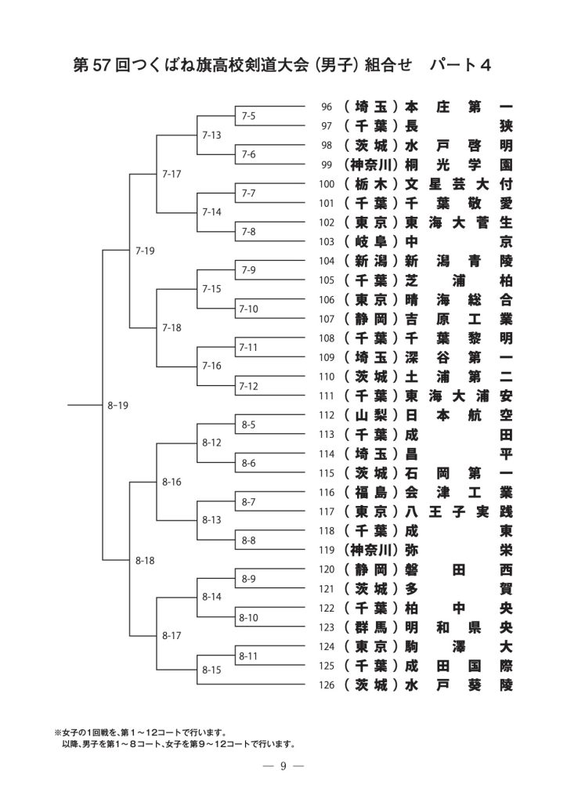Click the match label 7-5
coord(249,117)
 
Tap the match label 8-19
coord(117,405)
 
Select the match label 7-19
coord(145,251)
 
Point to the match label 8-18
coord(145,560)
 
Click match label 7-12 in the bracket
coord(248,385)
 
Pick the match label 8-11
coord(248,655)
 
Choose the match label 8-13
coord(212,519)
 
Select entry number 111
coord(327,396)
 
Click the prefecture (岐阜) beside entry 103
coord(371,242)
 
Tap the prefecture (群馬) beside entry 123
coord(371,627)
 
